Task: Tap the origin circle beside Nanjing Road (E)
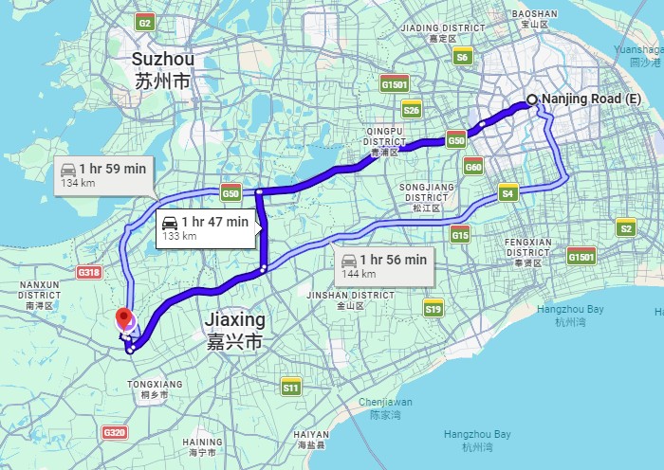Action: (532, 99)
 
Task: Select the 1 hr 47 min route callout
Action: (206, 227)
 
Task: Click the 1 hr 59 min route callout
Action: (103, 174)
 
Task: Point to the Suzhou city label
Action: (163, 70)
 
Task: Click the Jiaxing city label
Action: (235, 330)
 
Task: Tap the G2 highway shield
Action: (145, 23)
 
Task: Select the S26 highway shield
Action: (412, 110)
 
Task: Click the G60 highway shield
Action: (474, 168)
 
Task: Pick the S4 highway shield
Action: (508, 193)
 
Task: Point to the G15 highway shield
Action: (461, 234)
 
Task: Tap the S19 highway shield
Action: (433, 308)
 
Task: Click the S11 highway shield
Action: (291, 387)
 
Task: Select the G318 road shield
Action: (89, 273)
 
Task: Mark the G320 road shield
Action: (114, 432)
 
